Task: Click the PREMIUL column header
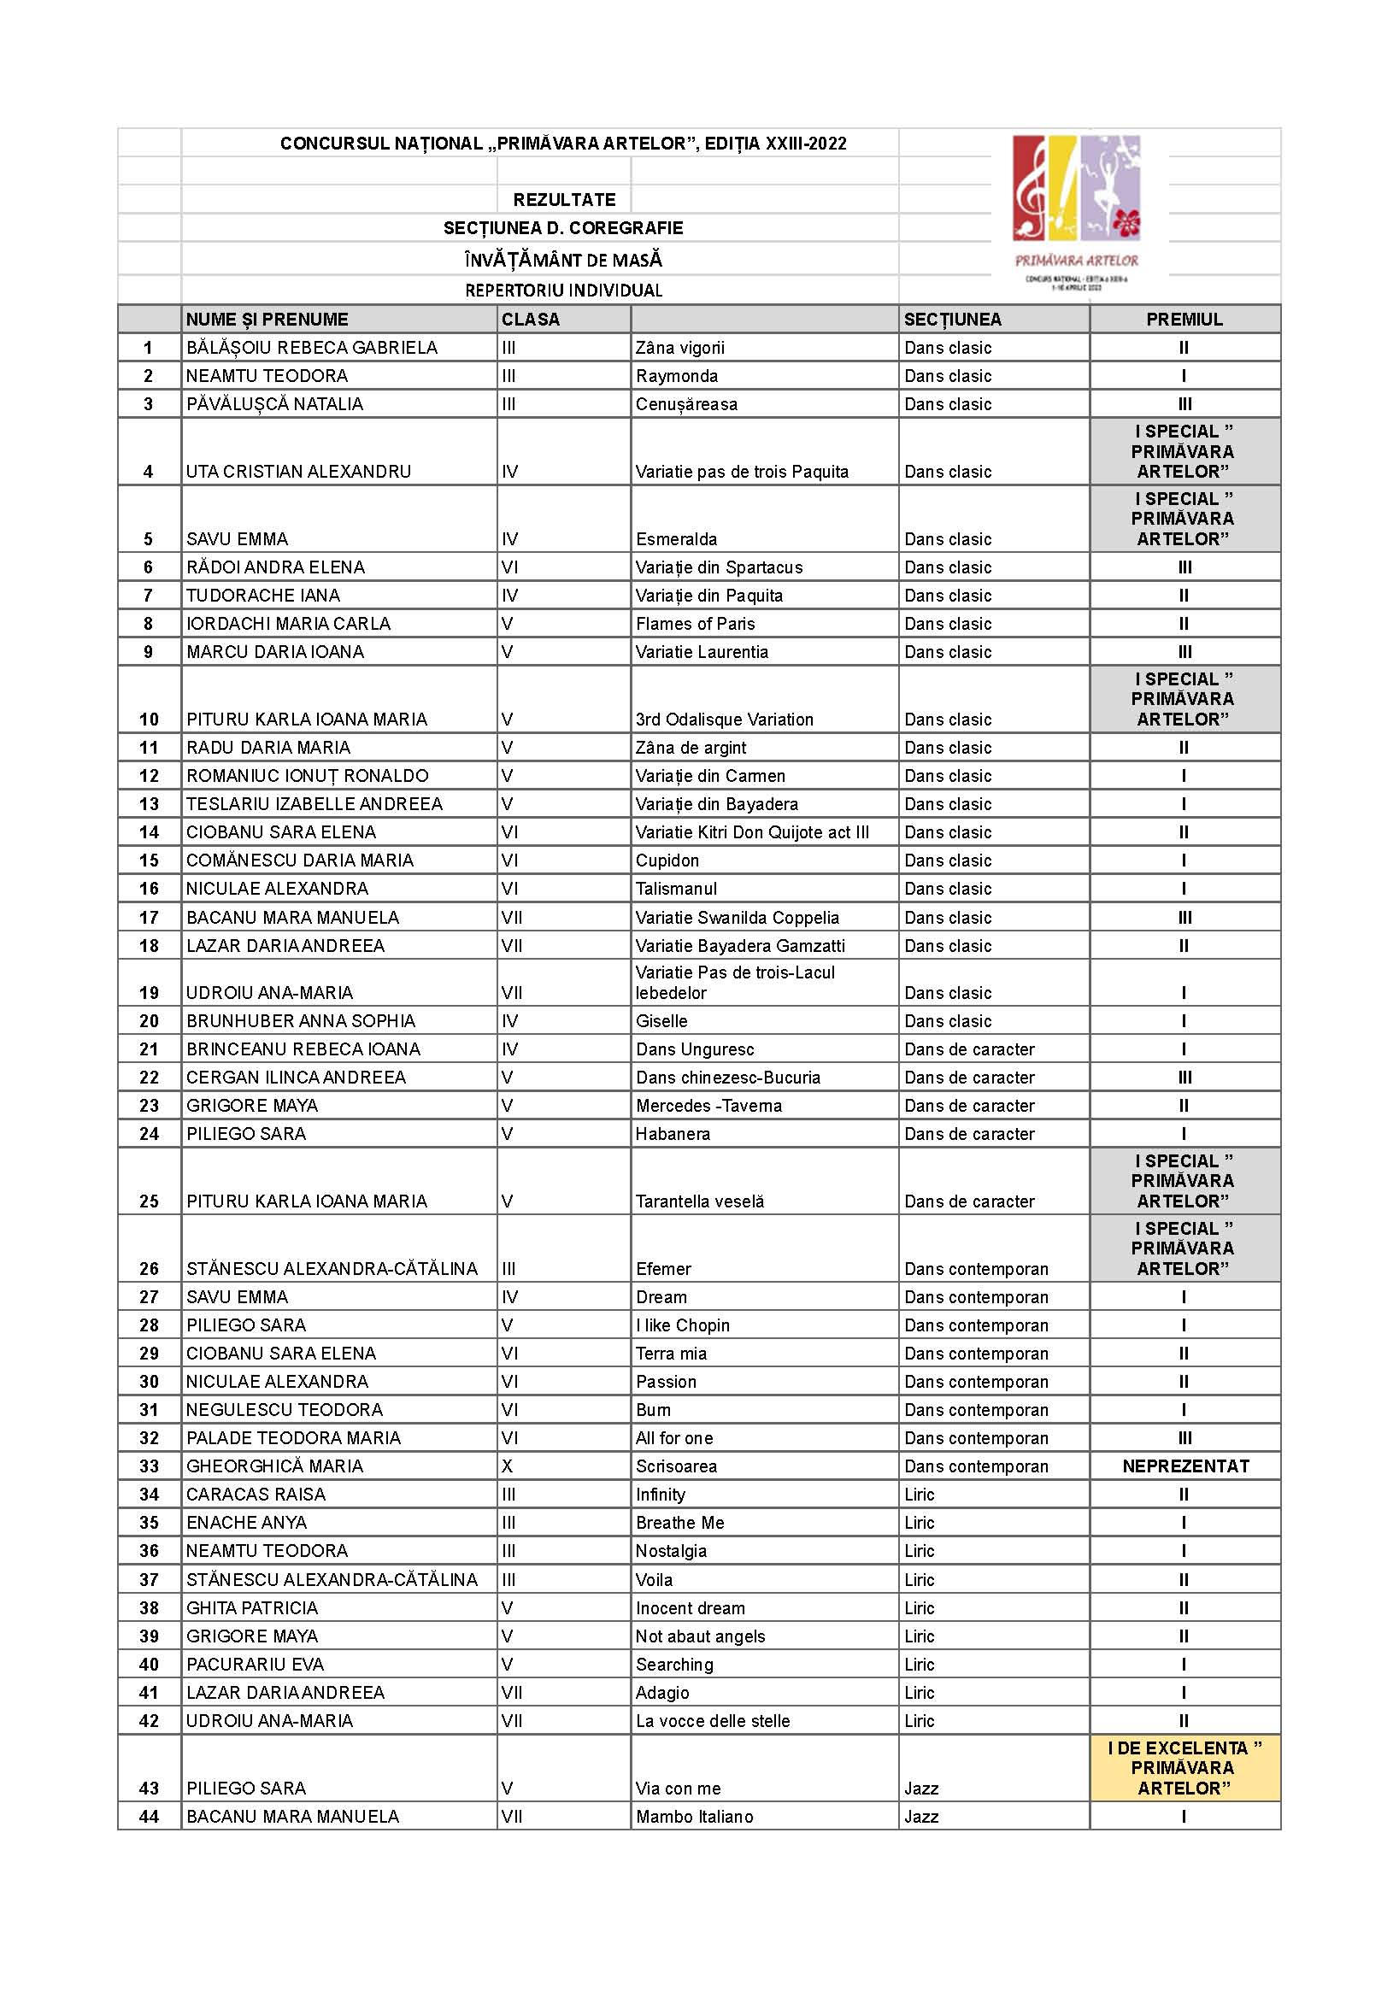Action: point(1184,320)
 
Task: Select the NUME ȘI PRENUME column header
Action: point(267,320)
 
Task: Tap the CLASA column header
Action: point(530,320)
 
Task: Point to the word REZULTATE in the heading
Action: point(564,199)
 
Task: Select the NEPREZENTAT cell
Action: point(1184,1466)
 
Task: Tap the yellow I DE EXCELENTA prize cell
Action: point(1184,1767)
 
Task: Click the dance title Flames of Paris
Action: point(695,624)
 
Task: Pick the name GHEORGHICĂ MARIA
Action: point(274,1466)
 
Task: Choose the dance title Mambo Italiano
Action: point(695,1817)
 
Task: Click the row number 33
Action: point(150,1466)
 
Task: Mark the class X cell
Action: point(508,1466)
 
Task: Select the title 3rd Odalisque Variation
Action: point(725,720)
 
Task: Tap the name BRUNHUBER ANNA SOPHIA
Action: point(301,1021)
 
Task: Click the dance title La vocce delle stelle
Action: point(713,1720)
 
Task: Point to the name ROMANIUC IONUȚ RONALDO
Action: point(307,776)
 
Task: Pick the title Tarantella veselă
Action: point(700,1201)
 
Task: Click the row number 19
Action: point(150,993)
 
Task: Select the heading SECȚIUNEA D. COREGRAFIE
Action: point(563,228)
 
